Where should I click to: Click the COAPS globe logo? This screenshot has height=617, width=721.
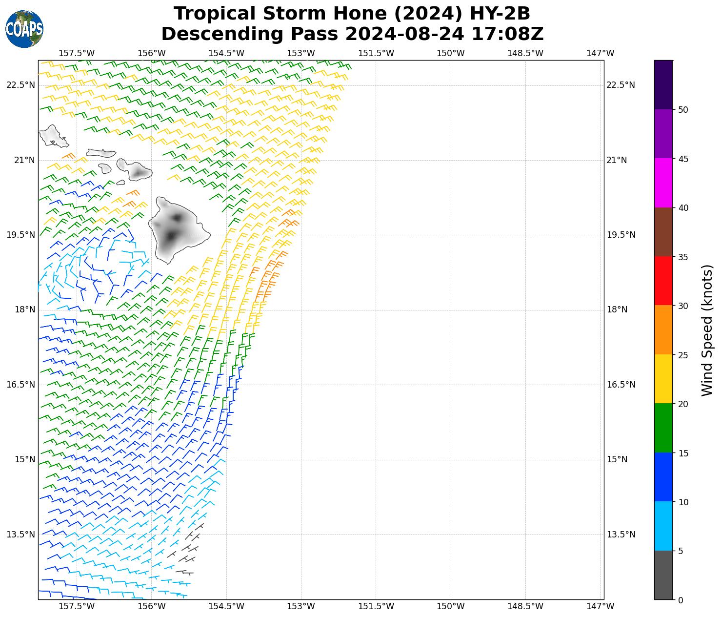(x=24, y=29)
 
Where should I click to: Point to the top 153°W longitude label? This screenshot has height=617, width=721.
(x=301, y=53)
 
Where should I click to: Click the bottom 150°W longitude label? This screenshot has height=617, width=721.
(x=450, y=606)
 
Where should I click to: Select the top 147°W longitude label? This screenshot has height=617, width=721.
(x=600, y=53)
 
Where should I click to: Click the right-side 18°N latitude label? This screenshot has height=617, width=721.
(x=617, y=309)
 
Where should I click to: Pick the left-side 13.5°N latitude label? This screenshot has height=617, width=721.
(x=20, y=534)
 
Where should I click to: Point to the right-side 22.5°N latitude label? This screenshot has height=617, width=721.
(x=620, y=85)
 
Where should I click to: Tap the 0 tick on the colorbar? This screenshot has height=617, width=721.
(x=681, y=600)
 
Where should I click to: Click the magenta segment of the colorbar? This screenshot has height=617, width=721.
(x=663, y=183)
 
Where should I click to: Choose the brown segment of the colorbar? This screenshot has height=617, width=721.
(x=663, y=232)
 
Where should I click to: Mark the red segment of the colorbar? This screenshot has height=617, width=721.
(x=663, y=281)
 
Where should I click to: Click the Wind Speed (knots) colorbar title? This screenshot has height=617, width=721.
(x=707, y=330)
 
